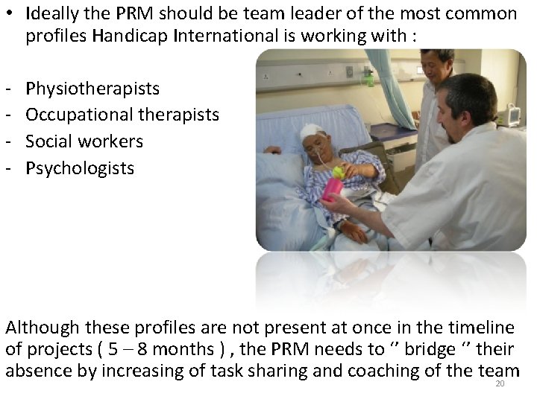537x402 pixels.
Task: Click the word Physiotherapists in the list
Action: (x=92, y=89)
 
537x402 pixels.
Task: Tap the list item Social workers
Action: (x=84, y=141)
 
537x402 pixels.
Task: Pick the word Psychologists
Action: (x=80, y=168)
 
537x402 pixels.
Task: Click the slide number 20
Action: (x=500, y=384)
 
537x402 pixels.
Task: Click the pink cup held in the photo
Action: (x=332, y=188)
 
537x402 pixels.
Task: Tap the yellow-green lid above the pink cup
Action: (x=338, y=172)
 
